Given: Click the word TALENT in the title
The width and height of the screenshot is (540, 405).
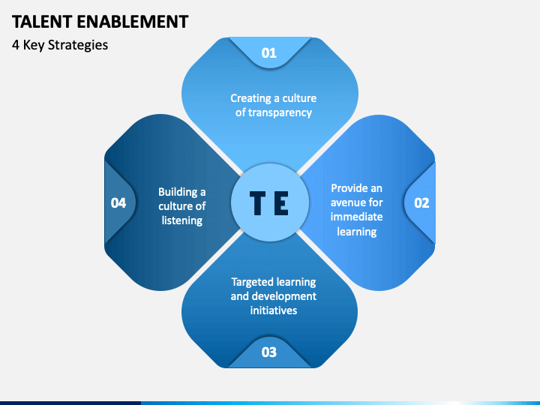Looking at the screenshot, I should (42, 21).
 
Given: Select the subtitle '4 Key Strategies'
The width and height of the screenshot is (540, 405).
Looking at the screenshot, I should (60, 45).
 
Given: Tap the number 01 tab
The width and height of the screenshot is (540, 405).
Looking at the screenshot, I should (269, 52).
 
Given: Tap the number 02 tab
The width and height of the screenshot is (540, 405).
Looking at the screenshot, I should (421, 202).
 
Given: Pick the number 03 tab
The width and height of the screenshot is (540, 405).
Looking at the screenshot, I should (269, 352).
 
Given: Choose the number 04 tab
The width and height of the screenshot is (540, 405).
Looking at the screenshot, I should (118, 202).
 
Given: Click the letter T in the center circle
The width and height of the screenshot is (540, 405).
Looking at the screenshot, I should (256, 203).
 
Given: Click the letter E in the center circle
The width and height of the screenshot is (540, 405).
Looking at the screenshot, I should (280, 203).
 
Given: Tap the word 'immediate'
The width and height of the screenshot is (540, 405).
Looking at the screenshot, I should (357, 217).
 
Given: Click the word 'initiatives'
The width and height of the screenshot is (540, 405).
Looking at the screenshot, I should (274, 310).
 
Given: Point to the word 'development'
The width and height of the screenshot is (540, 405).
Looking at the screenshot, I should (285, 296).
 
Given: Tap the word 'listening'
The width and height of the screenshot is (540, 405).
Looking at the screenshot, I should (182, 220).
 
